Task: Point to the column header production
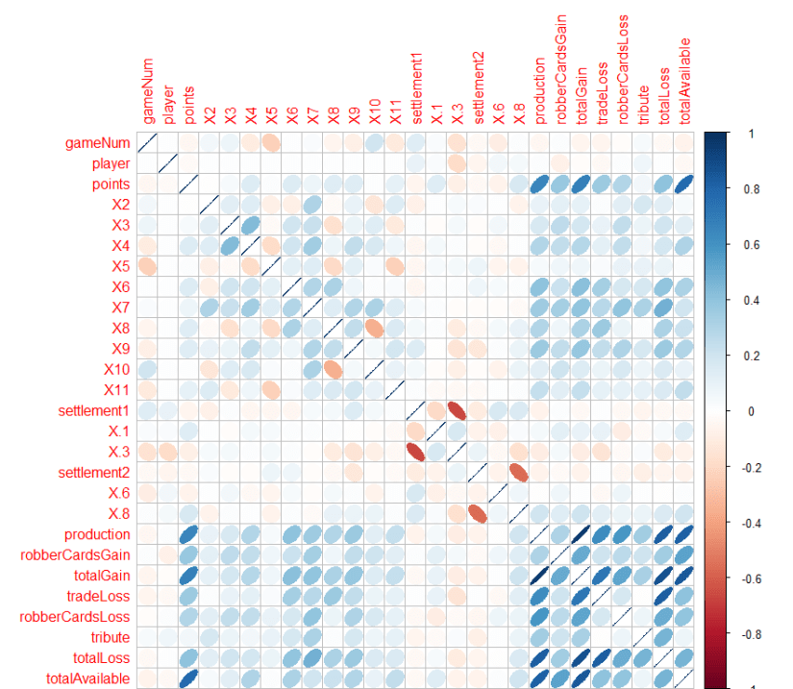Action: (x=539, y=90)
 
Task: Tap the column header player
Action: (x=168, y=106)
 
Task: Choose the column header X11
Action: (x=395, y=109)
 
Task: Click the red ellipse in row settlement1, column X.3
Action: (x=457, y=410)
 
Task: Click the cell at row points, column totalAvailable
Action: (x=683, y=184)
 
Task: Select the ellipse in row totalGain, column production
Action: (x=539, y=576)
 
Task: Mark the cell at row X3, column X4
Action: (x=250, y=225)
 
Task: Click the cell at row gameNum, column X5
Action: (x=271, y=143)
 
